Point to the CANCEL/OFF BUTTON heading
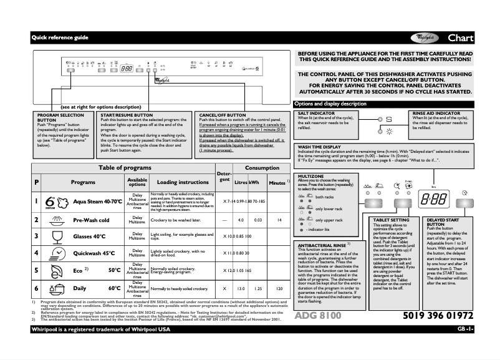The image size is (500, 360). pos(223,115)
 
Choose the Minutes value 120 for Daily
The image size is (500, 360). pos(280,289)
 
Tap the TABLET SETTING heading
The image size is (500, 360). pos(391,220)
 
